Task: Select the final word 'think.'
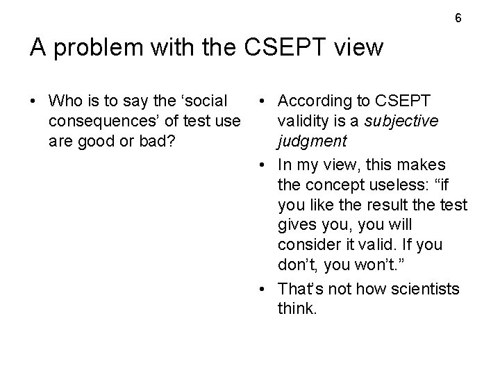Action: coord(297,308)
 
